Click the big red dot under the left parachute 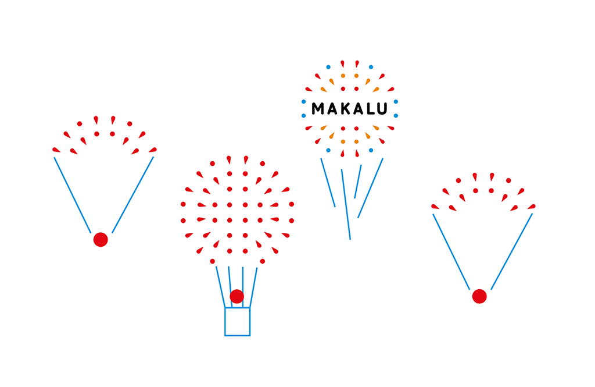[x=101, y=239]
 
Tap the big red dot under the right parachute [x=479, y=296]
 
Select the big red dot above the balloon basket [x=236, y=296]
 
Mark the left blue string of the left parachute [x=72, y=194]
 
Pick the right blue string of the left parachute [x=133, y=194]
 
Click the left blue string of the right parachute [x=451, y=251]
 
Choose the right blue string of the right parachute [x=512, y=251]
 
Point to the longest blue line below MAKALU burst [x=346, y=204]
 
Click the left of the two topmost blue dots [x=328, y=67]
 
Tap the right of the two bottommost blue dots [x=371, y=150]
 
